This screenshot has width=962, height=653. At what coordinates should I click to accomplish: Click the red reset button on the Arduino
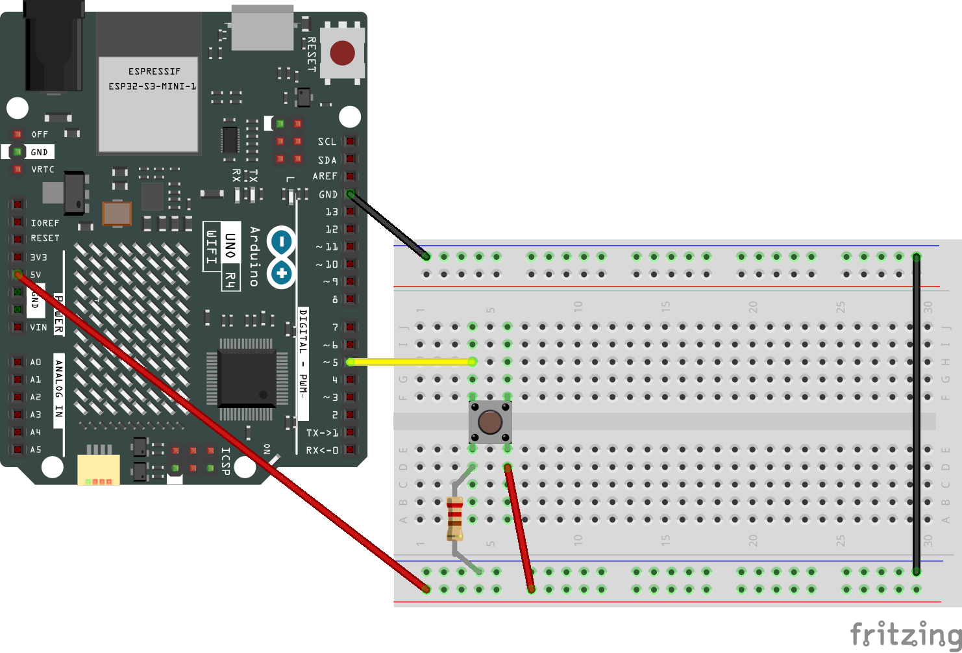pos(342,53)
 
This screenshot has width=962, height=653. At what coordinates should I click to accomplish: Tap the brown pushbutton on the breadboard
pos(490,422)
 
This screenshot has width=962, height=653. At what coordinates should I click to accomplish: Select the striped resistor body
pos(454,519)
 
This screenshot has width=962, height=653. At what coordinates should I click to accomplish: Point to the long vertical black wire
pos(916,416)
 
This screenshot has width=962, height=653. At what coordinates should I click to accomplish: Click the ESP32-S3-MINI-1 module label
pos(153,79)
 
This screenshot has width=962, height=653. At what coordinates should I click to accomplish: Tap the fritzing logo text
pos(905,634)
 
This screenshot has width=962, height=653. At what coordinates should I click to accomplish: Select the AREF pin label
pos(325,176)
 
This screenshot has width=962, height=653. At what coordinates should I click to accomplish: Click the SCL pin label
pos(327,142)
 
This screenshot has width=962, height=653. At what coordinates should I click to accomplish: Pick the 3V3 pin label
pos(38,257)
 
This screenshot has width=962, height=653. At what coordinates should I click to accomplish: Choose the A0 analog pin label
pos(36,362)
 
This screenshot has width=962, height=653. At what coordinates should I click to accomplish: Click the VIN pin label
pos(38,327)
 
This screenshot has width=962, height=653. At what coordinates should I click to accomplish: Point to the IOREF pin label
pos(45,223)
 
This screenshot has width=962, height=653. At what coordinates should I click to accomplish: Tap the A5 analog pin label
pos(36,450)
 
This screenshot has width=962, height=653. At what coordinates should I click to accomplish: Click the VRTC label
pos(43,170)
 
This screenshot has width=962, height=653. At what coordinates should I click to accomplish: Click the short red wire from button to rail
pos(519,528)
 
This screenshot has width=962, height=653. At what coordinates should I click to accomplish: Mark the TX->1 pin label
pos(322,433)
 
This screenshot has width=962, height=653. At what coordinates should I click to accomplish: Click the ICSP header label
pos(226,461)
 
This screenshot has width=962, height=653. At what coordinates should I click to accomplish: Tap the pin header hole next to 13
pos(351,212)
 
